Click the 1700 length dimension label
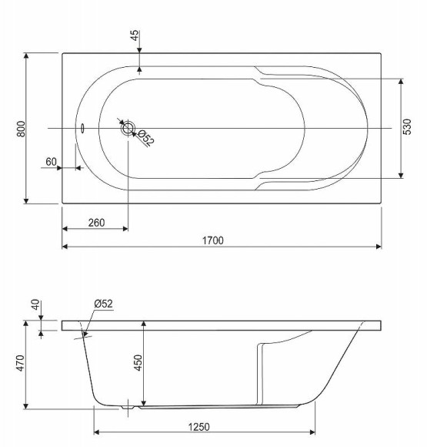click(x=213, y=240)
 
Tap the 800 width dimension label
click(x=21, y=129)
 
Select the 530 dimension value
click(x=407, y=127)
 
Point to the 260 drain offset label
click(x=96, y=223)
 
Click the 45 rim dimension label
click(x=135, y=35)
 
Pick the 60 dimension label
click(x=52, y=162)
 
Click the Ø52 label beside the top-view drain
click(x=146, y=138)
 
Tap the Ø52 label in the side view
click(x=103, y=304)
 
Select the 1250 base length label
click(x=199, y=427)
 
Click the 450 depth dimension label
click(x=138, y=363)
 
